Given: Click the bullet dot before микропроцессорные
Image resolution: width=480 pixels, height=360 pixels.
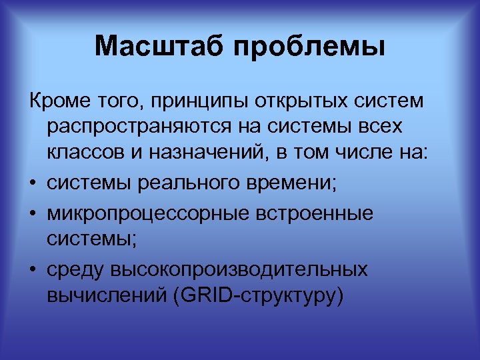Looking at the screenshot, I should (33, 213).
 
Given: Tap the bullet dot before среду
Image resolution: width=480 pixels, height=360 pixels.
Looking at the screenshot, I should (33, 269).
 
